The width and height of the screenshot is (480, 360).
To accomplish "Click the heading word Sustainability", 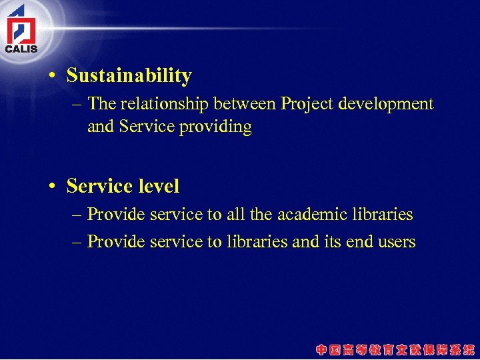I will [129, 76].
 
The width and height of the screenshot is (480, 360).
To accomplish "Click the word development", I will [386, 105].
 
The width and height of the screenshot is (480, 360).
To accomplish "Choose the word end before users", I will [362, 242].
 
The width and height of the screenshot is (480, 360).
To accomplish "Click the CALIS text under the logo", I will [21, 48].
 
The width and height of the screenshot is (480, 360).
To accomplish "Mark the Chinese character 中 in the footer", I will [322, 349].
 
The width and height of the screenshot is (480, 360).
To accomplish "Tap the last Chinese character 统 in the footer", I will [470, 349].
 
